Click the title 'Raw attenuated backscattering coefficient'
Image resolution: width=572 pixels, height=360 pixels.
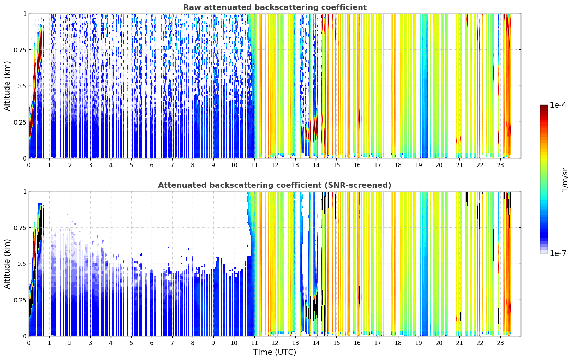tap(275, 7)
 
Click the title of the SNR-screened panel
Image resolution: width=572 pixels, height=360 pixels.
tap(275, 185)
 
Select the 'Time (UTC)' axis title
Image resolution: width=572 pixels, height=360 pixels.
tap(275, 352)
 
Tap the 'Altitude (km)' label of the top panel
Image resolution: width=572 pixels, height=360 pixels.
tap(7, 86)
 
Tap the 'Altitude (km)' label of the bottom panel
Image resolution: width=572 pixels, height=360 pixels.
tap(7, 264)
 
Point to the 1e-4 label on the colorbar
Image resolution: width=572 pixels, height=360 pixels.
tap(558, 105)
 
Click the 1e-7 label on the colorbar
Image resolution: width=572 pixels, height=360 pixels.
tap(558, 253)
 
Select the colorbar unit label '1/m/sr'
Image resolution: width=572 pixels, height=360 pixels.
tap(565, 180)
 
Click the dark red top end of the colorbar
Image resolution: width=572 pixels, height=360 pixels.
tap(544, 107)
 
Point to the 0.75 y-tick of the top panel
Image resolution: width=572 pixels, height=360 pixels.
tap(20, 50)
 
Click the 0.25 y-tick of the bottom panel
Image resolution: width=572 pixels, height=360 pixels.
tap(20, 300)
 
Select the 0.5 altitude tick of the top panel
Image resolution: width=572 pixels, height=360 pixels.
tap(22, 86)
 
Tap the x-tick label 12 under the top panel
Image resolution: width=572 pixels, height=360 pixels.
tap(275, 165)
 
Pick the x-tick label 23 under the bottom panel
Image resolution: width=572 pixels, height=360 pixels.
tap(500, 343)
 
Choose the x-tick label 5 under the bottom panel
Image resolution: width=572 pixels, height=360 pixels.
tap(131, 343)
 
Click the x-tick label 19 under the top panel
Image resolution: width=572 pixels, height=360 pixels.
tap(419, 165)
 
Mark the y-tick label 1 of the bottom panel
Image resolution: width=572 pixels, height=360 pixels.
tap(25, 192)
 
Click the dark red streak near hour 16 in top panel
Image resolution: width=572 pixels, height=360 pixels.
tap(360, 112)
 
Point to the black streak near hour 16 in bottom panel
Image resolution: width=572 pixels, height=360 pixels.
tap(360, 291)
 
